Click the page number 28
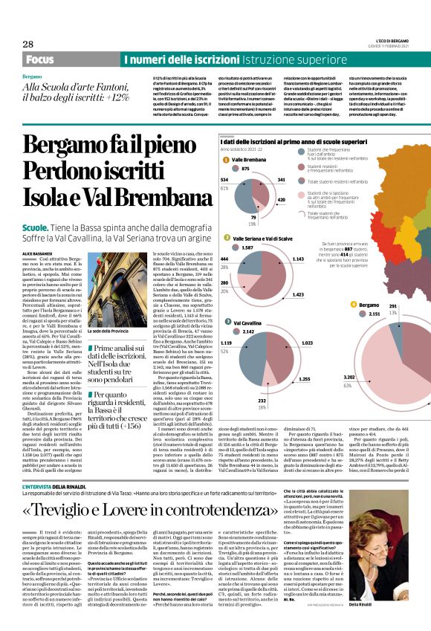tap(27, 44)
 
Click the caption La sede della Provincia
tap(108, 331)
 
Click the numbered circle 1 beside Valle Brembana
tap(225, 160)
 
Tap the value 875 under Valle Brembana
tap(246, 169)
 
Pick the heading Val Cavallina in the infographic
tap(247, 324)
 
